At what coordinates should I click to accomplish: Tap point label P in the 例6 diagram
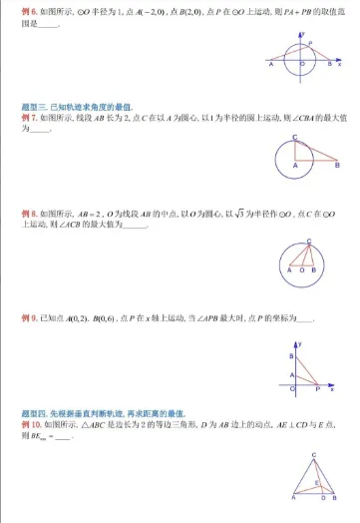[x=311, y=43]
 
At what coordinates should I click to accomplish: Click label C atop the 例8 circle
[x=309, y=240]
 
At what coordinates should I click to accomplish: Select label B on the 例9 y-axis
[x=290, y=355]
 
